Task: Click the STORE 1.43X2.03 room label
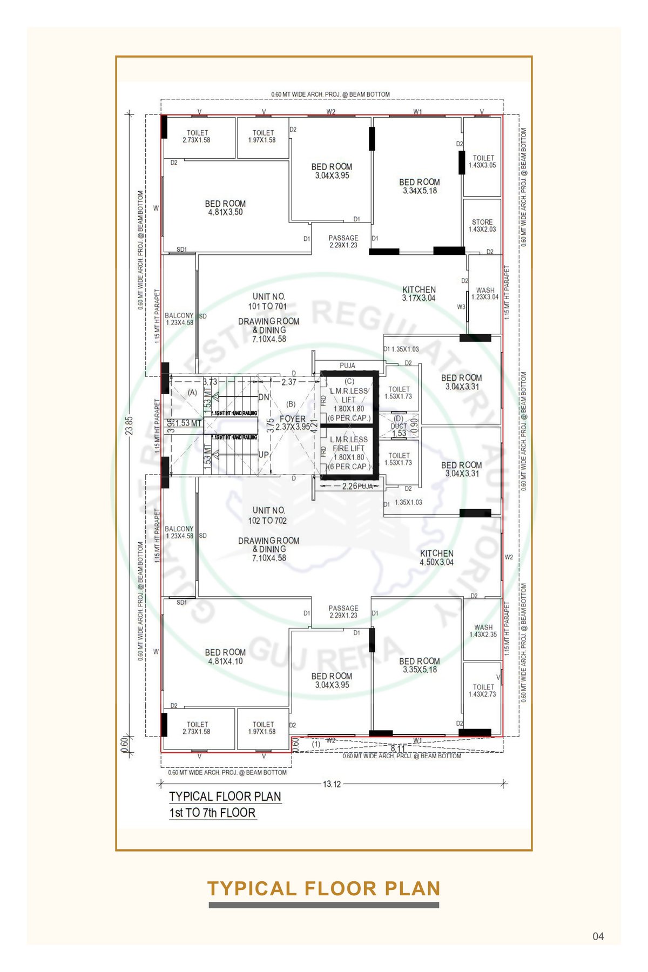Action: point(482,226)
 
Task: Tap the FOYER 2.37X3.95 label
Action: point(293,423)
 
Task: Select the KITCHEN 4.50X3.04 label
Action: point(437,558)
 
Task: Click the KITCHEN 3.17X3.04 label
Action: point(419,294)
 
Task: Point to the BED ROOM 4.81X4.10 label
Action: point(225,657)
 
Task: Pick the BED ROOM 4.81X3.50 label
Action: point(225,208)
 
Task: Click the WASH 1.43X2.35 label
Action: point(483,631)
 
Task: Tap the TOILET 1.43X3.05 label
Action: point(483,161)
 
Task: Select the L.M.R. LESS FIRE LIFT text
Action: point(349,444)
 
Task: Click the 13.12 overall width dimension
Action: point(332,784)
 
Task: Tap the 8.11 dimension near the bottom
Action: point(398,748)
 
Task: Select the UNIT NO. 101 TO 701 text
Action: point(268,301)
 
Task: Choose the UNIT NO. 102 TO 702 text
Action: point(268,515)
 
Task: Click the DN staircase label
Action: point(264,397)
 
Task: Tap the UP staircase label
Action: point(264,455)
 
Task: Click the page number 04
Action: point(598,936)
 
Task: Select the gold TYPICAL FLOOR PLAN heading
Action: point(324,888)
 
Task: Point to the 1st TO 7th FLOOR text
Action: point(212,813)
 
